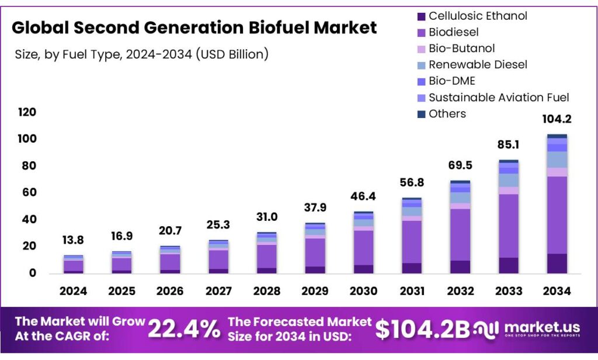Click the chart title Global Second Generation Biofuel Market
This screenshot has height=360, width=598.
tap(194, 27)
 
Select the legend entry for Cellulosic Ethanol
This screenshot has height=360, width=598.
tap(478, 16)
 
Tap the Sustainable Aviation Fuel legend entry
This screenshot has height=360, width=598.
tap(499, 98)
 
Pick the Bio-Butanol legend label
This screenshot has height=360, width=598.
tap(461, 49)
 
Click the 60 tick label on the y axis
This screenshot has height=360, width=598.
tap(29, 193)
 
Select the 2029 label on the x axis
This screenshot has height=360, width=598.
tap(315, 291)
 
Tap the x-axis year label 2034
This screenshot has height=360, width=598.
tap(557, 291)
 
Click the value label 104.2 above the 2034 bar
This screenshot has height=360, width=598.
tap(557, 119)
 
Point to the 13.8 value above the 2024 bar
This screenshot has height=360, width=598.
tap(73, 240)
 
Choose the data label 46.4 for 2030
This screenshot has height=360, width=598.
tap(363, 196)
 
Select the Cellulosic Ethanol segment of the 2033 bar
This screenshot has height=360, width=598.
tap(508, 265)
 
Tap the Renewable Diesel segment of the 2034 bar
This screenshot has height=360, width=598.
tap(557, 160)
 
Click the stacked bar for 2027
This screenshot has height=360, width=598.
tap(218, 257)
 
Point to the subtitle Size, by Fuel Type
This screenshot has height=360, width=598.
tap(141, 54)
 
